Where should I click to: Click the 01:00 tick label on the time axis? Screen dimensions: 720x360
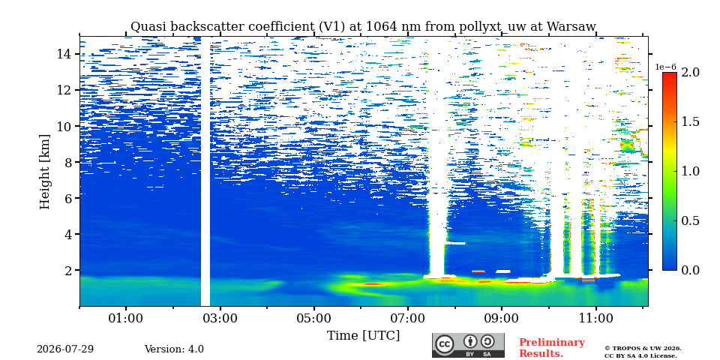(x=126, y=318)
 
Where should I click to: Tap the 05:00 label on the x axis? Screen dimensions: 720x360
(x=314, y=318)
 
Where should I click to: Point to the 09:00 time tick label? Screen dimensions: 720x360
(x=502, y=318)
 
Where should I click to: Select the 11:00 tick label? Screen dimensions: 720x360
(x=595, y=318)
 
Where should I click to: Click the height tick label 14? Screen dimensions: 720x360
(x=64, y=54)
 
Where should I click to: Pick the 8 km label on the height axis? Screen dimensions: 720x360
(x=67, y=162)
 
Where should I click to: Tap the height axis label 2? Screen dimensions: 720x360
(x=67, y=270)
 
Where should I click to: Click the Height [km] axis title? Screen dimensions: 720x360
(x=44, y=172)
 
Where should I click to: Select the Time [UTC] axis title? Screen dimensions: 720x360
(x=363, y=336)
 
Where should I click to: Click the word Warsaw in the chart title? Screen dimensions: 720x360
(x=571, y=27)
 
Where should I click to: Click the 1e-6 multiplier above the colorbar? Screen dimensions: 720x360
(x=665, y=67)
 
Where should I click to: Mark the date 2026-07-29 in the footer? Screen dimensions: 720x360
(x=65, y=349)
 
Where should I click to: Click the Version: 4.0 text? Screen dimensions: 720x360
(x=174, y=349)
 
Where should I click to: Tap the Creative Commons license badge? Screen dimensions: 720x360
(x=468, y=345)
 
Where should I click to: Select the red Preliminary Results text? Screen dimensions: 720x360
(x=552, y=347)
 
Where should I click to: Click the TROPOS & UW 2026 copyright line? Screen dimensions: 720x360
(x=643, y=349)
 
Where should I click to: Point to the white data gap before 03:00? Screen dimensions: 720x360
(x=205, y=172)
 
